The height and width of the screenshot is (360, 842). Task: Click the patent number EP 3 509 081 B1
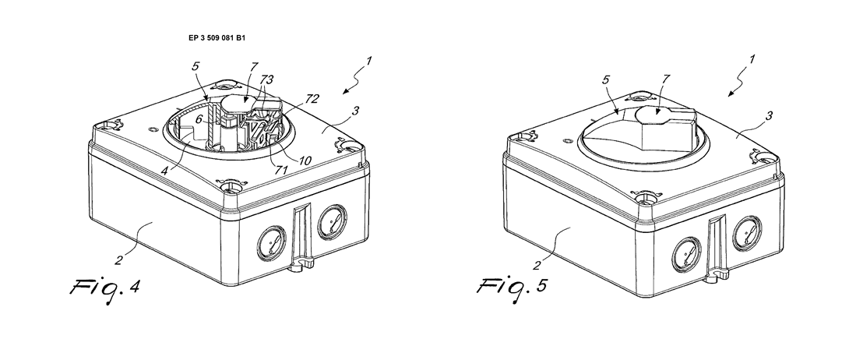coord(217,38)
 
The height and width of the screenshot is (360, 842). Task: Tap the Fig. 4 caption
coord(105,289)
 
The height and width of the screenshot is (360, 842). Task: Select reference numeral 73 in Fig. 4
coord(266,80)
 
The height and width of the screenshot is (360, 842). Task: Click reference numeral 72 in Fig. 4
coord(312,99)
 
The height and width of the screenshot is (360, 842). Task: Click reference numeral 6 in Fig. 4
coord(199,121)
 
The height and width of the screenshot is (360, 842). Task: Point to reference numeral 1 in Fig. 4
coord(368,62)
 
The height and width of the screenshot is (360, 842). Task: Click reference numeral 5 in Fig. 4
coord(196,67)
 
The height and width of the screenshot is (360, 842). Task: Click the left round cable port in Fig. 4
coord(272,243)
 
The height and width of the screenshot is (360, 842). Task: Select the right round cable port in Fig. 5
coord(747,234)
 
